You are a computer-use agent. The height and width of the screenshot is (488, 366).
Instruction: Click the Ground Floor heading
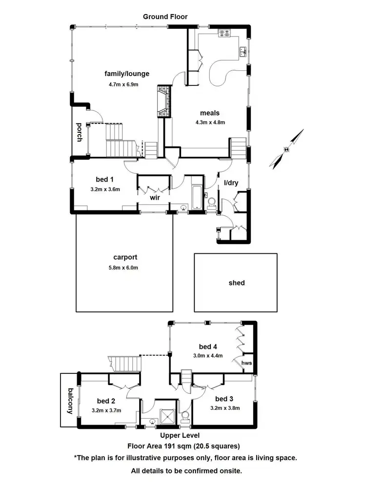coord(165,17)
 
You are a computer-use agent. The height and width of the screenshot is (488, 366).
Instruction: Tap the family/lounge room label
coord(127,74)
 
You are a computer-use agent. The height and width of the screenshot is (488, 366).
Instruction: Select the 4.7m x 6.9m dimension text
coord(124,84)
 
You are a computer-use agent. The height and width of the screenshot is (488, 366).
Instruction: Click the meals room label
coord(209,113)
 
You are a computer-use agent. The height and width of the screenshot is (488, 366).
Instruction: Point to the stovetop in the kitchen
coord(224,33)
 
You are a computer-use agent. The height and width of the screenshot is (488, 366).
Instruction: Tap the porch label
coord(79,132)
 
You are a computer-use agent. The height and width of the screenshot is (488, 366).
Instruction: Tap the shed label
coord(237,283)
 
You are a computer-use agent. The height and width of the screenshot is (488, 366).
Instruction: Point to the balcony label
coord(70,401)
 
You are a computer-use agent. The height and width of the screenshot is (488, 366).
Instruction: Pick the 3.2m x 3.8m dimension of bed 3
coord(225,408)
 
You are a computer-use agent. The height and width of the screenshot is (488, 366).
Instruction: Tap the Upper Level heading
coord(180,435)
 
